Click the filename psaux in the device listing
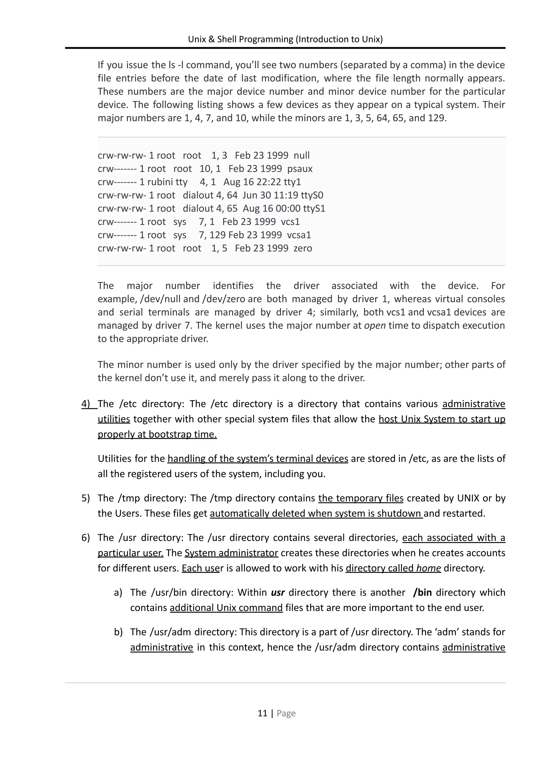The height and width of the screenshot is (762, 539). pos(300,169)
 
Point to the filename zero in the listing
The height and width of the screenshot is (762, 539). pos(303,248)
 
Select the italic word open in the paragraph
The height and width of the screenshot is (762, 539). pos(375,326)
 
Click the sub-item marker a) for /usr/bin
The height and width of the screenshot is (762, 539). pos(118,593)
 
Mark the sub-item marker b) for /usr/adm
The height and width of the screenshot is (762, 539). pos(118,632)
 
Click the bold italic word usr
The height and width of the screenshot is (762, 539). pos(278,593)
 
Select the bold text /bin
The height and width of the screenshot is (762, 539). pos(422,593)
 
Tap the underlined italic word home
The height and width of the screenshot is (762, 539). pos(428,568)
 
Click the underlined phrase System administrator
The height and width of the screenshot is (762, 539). pos(231,553)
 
